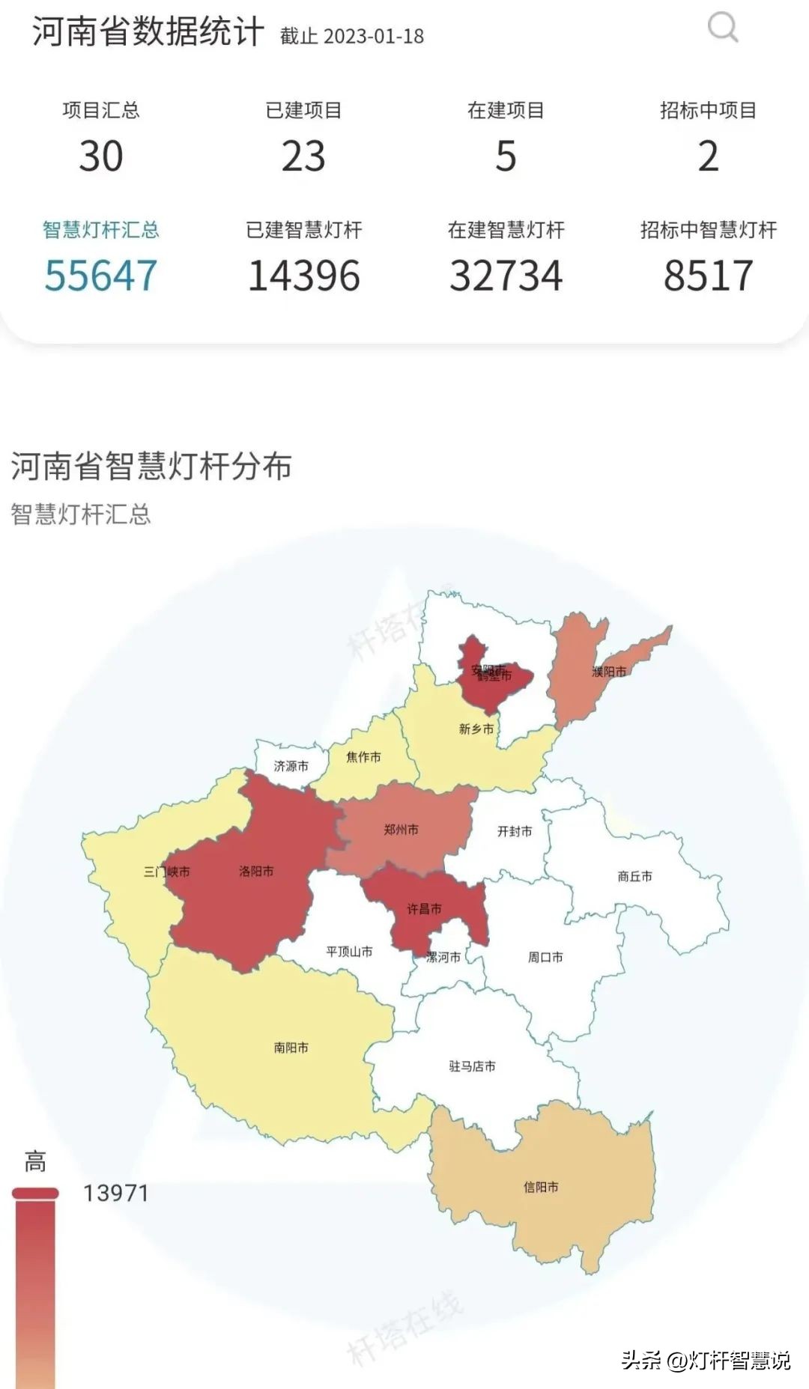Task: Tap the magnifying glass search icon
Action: pos(723,28)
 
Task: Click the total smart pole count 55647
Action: pos(101,276)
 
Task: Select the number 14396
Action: pos(303,276)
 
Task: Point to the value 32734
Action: pos(506,276)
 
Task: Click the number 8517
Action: pos(708,276)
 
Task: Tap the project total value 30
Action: pos(101,156)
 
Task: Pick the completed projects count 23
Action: pos(303,156)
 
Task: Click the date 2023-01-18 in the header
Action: pos(374,36)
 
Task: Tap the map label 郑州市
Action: pos(401,830)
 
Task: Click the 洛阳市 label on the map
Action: pos(256,871)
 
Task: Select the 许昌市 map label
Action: pos(424,909)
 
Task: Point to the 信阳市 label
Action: pos(541,1187)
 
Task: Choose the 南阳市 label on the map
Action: pos(291,1048)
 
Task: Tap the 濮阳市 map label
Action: pos(609,672)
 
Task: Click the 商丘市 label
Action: pos(634,876)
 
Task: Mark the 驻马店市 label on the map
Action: pos(472,1066)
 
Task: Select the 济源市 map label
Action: pos(291,766)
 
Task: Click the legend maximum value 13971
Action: pos(116,1193)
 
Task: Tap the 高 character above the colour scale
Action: pos(35,1161)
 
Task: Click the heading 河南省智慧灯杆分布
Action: pos(151,466)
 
